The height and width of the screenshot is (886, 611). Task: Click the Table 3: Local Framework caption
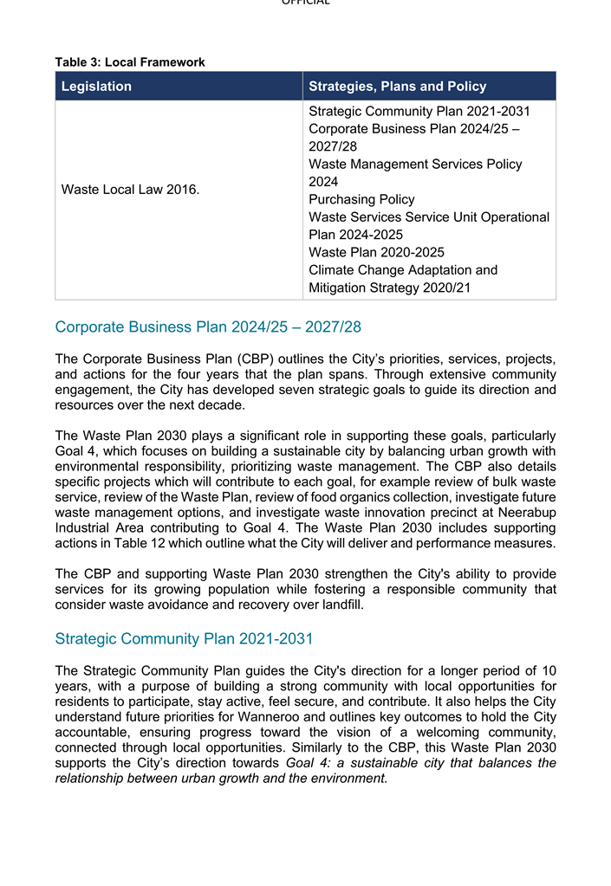point(130,62)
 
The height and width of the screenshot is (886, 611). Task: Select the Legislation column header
point(96,86)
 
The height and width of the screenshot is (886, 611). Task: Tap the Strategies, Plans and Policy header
point(397,86)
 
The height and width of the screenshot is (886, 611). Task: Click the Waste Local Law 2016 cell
point(130,190)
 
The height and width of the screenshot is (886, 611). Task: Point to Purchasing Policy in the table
point(361,199)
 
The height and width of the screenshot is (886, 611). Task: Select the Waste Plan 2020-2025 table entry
point(376,252)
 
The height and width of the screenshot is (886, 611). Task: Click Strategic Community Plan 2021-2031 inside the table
point(419,112)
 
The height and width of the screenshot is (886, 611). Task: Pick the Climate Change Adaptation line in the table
point(403,270)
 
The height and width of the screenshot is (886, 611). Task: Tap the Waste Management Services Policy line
point(415,164)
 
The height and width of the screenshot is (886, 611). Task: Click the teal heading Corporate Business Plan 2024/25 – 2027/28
point(207,327)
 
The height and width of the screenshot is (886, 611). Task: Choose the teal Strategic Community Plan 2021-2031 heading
point(184,638)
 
